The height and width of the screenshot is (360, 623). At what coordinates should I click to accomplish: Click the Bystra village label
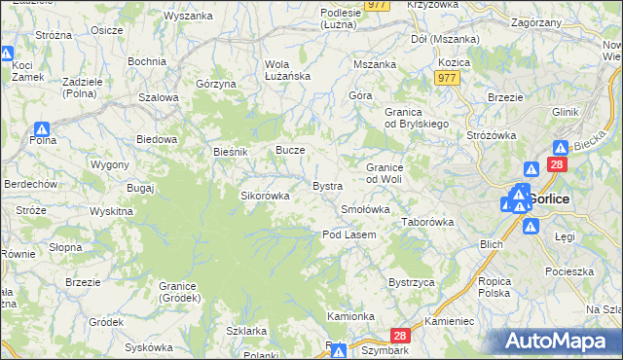pos(326,185)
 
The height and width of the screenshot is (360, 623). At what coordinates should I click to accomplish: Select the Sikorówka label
pos(266,196)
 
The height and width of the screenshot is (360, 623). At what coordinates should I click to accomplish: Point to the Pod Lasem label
pos(349,234)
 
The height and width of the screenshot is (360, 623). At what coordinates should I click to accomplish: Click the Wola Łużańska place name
pos(288,70)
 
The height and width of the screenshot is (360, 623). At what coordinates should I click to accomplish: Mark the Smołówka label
pos(365,209)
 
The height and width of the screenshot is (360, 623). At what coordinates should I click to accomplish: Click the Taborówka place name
pos(428,222)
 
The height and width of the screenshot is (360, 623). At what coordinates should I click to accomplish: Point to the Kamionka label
pos(351,316)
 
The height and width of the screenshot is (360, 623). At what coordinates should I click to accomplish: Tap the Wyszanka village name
pos(188,16)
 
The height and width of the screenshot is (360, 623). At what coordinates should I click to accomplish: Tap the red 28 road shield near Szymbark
pos(404,334)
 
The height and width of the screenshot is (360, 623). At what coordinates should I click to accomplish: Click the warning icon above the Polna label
pos(42,129)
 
